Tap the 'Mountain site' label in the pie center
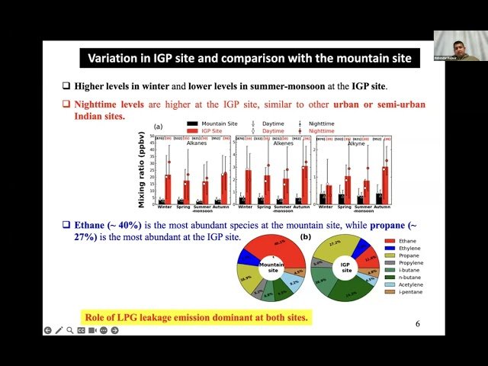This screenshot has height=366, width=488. coord(271,268)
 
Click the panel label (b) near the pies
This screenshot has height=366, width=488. coord(306,236)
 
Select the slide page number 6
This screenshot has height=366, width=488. coord(418,323)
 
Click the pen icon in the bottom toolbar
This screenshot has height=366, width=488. coord(59,330)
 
